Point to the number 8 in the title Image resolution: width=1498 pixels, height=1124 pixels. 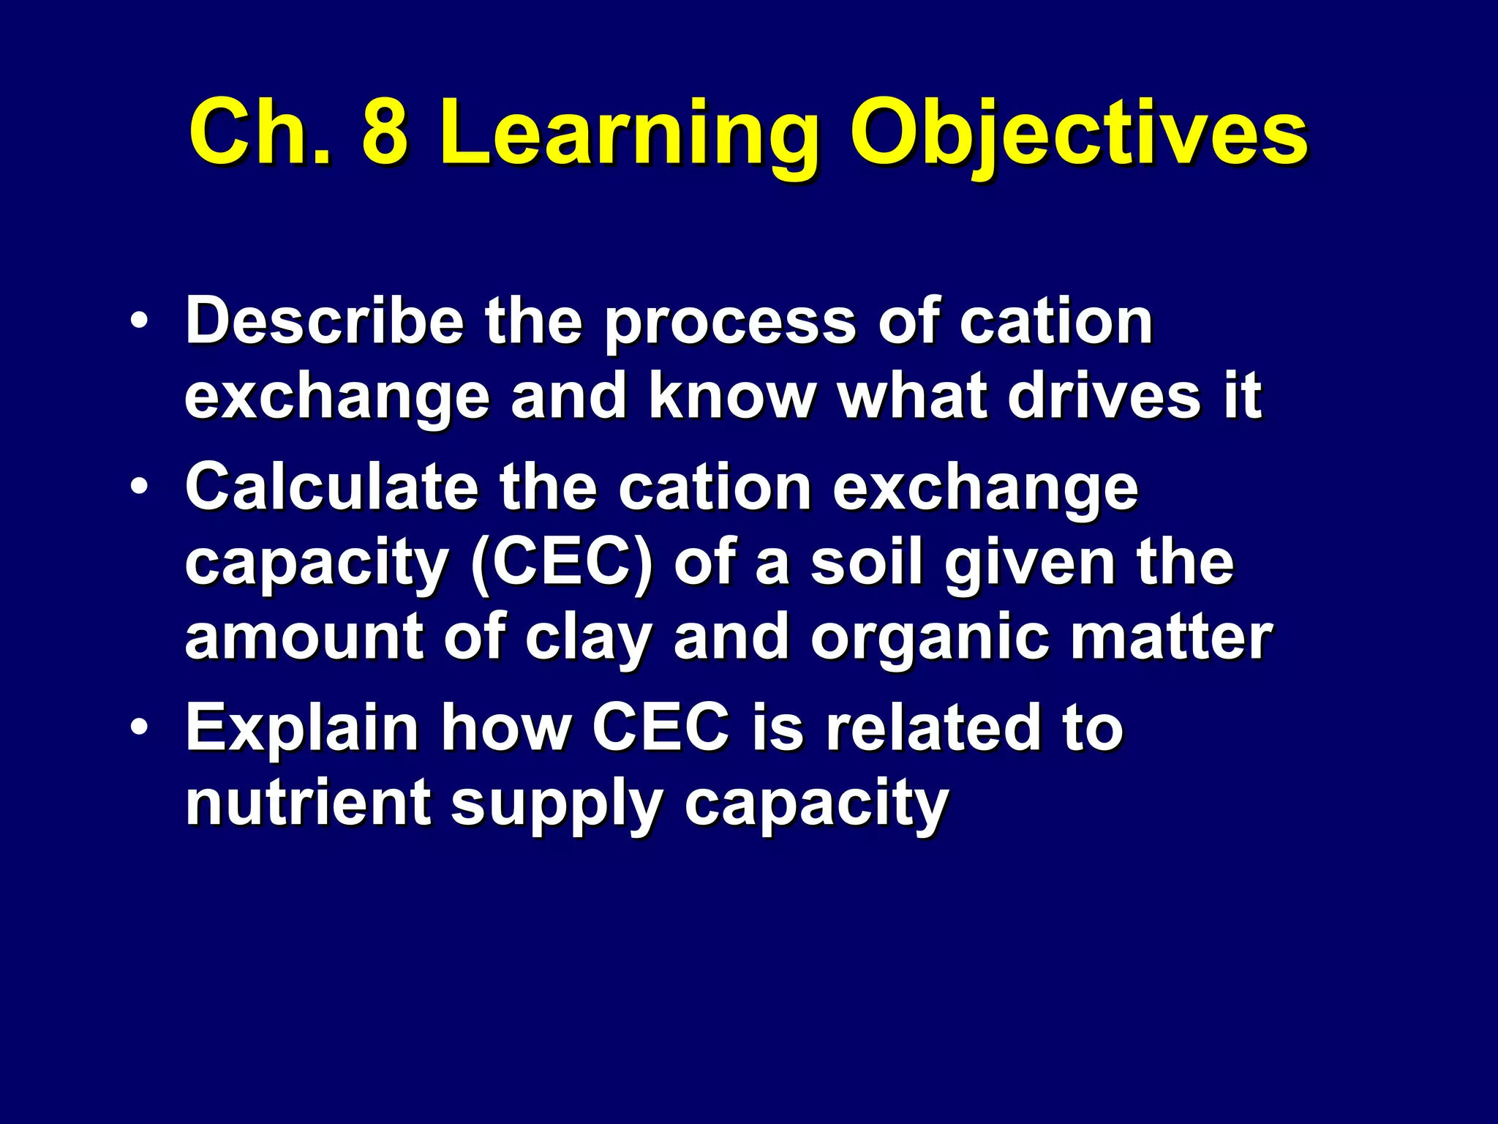click(385, 135)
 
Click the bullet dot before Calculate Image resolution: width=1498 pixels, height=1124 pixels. click(140, 487)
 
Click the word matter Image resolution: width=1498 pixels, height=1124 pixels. click(1170, 637)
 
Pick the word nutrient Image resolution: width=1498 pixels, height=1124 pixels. click(307, 803)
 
